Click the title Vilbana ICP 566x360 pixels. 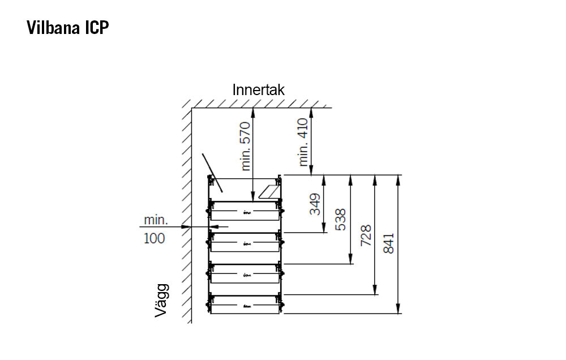tap(67, 27)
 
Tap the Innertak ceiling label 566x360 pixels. tap(258, 90)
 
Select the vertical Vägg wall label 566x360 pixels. tap(161, 301)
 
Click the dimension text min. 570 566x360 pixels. tap(245, 146)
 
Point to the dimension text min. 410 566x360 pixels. tap(302, 142)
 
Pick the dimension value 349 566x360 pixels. tap(315, 204)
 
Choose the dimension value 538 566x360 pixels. tap(340, 220)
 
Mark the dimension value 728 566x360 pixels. tap(366, 235)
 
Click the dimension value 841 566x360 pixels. tap(389, 243)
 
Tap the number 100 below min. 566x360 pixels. tap(154, 238)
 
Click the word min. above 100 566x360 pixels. tap(156, 220)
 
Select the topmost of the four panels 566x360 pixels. tap(245, 211)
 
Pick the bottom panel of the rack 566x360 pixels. tap(245, 305)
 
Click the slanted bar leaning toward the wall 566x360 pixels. tap(212, 173)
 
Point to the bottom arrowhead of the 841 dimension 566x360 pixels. tap(398, 308)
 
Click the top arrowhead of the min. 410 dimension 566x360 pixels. tap(311, 113)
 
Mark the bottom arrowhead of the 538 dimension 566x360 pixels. tap(350, 259)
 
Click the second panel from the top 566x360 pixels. tap(245, 242)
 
